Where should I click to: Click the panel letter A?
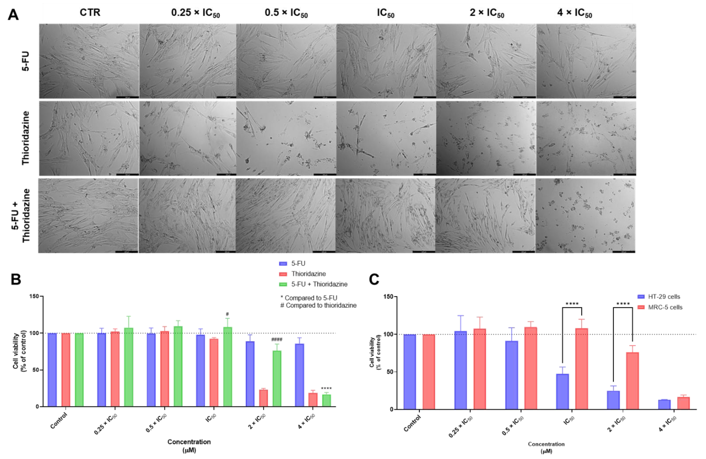coord(13,14)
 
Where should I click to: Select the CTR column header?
coord(90,12)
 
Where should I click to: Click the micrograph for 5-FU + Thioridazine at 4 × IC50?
coord(585,216)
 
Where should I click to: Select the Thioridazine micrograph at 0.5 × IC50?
coord(286,138)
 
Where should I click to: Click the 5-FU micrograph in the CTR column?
coord(89,61)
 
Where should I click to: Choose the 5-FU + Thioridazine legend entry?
coord(319,284)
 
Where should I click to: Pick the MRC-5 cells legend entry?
coord(665,307)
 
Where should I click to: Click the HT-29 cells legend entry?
coord(664,297)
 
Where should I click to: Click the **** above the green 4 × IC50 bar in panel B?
coord(326,388)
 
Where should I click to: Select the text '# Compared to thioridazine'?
coord(318,305)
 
